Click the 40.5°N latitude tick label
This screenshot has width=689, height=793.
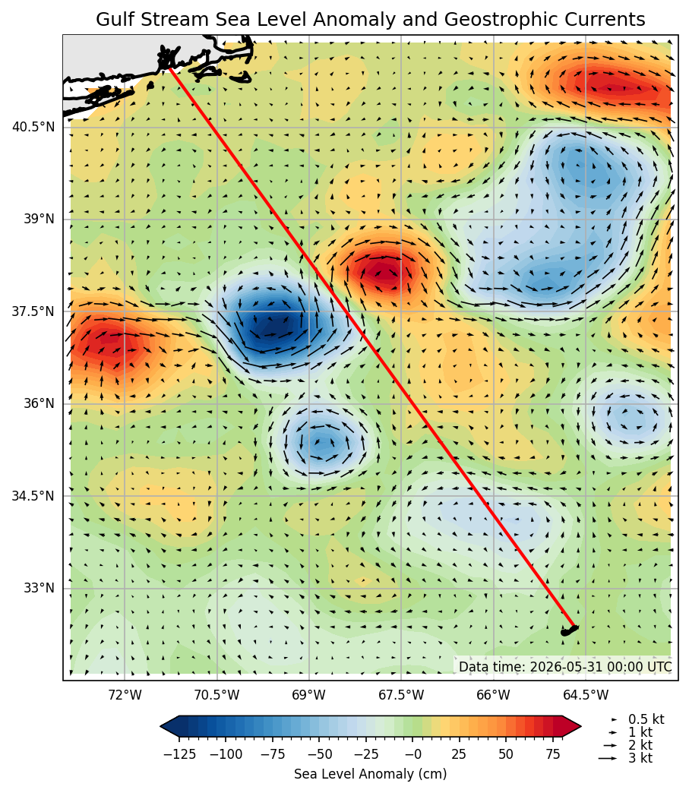pyautogui.click(x=33, y=127)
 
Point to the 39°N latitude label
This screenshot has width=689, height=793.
pyautogui.click(x=39, y=219)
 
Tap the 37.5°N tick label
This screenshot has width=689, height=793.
pyautogui.click(x=33, y=311)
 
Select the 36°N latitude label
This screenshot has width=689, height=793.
pyautogui.click(x=39, y=403)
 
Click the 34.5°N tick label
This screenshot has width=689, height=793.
pyautogui.click(x=33, y=496)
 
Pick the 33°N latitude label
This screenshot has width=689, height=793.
pyautogui.click(x=39, y=588)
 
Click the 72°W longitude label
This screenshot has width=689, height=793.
pyautogui.click(x=125, y=695)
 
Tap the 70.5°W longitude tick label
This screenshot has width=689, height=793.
pyautogui.click(x=217, y=695)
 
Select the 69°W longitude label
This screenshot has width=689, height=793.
pyautogui.click(x=309, y=695)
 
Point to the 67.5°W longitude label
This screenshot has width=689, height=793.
pyautogui.click(x=402, y=695)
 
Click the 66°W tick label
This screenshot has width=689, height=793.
pyautogui.click(x=494, y=695)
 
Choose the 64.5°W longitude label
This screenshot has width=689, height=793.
pyautogui.click(x=586, y=695)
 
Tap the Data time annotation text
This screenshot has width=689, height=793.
pyautogui.click(x=566, y=667)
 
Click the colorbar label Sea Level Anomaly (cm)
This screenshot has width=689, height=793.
pyautogui.click(x=370, y=774)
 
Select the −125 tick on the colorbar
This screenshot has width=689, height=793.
pyautogui.click(x=179, y=754)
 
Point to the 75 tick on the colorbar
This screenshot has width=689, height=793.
pyautogui.click(x=553, y=754)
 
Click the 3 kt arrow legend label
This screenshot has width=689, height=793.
pyautogui.click(x=640, y=758)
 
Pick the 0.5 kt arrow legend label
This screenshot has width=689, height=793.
pyautogui.click(x=646, y=719)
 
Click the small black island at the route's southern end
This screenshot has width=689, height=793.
pyautogui.click(x=569, y=630)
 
